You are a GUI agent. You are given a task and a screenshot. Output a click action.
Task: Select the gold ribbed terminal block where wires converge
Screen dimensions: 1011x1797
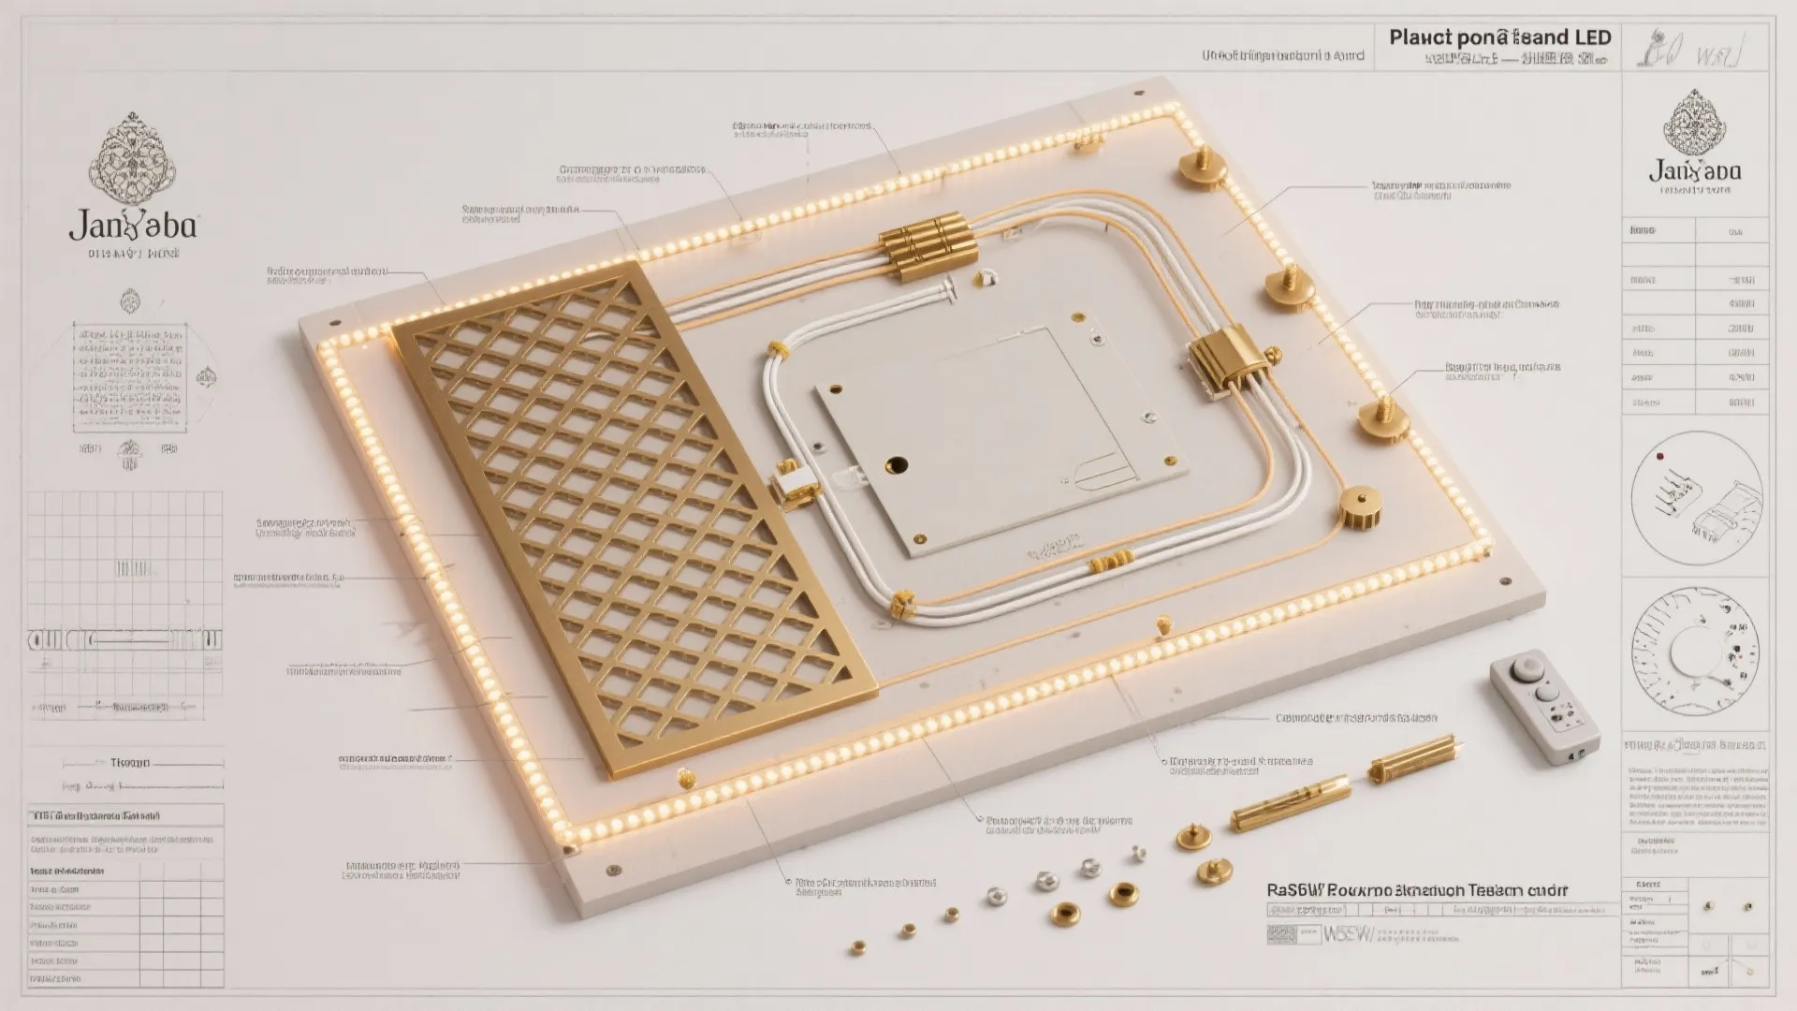pyautogui.click(x=926, y=245)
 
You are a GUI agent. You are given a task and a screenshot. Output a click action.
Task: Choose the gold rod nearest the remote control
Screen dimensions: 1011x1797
pyautogui.click(x=1413, y=758)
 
